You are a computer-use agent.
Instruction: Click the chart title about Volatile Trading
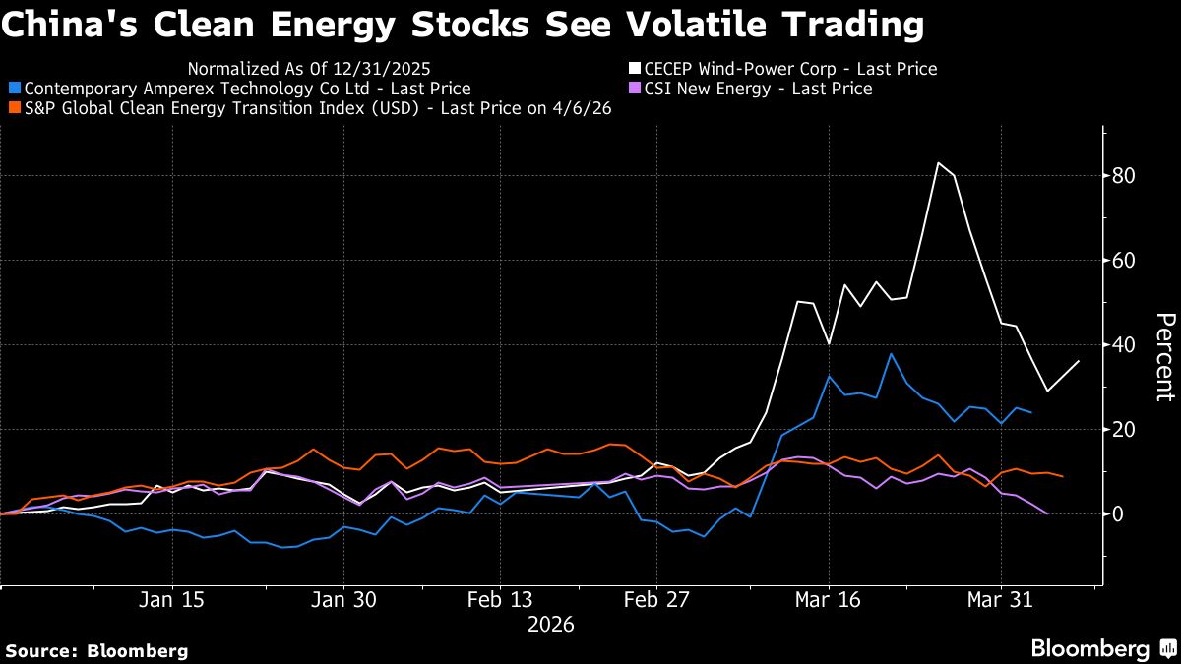click(x=463, y=25)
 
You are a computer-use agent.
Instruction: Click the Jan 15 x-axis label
click(x=172, y=600)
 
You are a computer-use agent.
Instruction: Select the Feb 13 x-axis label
click(x=500, y=600)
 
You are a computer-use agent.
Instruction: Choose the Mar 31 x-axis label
click(x=1001, y=600)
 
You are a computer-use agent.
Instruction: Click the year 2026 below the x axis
click(x=552, y=624)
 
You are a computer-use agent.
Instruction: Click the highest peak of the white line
click(x=938, y=163)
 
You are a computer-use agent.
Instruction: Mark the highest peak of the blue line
click(x=891, y=353)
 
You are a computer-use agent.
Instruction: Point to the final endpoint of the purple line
click(x=1046, y=513)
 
